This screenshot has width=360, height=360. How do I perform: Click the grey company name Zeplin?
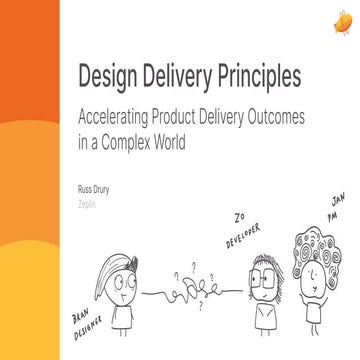click(x=89, y=201)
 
